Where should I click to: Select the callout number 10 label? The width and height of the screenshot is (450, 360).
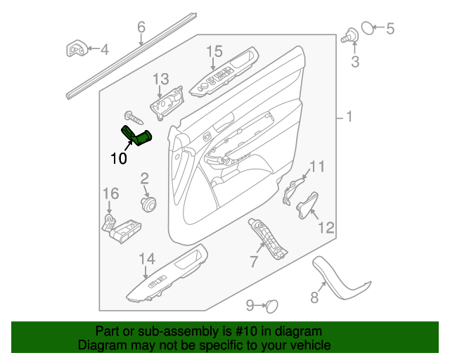[x=119, y=158]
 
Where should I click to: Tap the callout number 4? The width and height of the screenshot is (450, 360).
[x=104, y=49]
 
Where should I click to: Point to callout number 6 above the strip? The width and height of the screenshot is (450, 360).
[x=141, y=27]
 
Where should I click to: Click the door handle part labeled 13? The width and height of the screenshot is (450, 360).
[x=167, y=104]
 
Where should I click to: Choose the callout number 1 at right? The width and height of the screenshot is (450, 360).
[x=349, y=117]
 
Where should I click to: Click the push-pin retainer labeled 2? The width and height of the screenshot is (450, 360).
[x=148, y=204]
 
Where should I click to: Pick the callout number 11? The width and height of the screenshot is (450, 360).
[x=317, y=167]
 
